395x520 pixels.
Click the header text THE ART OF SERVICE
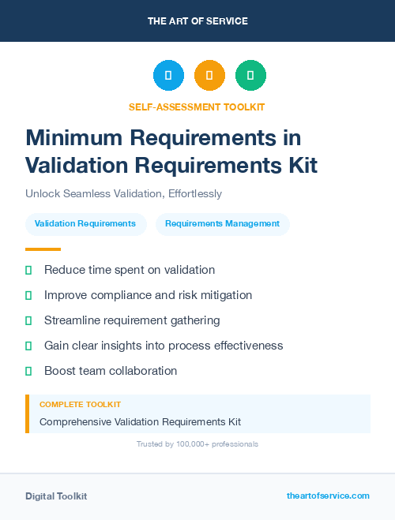tap(197, 21)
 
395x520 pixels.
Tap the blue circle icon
tap(168, 76)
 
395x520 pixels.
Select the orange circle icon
tap(209, 76)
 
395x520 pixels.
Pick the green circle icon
tap(250, 76)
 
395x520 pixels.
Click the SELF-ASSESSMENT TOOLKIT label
tap(197, 107)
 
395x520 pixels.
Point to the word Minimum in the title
tap(73, 137)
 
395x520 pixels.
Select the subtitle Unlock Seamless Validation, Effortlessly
tap(123, 193)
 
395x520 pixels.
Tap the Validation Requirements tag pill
tap(85, 224)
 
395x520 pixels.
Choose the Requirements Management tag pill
tap(222, 224)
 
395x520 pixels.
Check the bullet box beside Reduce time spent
tap(28, 271)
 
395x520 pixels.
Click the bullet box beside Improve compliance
tap(28, 296)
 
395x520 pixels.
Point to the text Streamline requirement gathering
tap(132, 320)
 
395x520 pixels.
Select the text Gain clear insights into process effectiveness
tap(164, 346)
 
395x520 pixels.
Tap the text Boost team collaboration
tap(111, 371)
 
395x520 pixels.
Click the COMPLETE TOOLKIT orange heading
tap(80, 405)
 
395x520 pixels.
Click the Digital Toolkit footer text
tap(56, 496)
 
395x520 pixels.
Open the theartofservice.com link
tap(328, 496)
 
